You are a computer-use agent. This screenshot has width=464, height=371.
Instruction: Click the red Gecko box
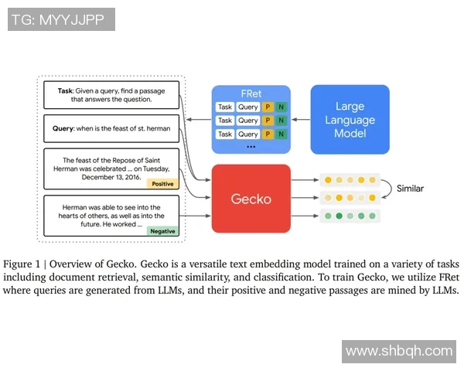[251, 199]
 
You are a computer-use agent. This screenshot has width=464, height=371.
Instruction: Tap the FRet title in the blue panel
[251, 94]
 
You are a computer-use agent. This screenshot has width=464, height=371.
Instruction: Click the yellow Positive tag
[163, 184]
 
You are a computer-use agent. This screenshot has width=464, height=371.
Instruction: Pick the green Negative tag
[162, 231]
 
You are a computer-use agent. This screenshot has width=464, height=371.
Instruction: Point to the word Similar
[410, 188]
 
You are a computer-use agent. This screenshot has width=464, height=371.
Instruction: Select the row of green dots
[350, 216]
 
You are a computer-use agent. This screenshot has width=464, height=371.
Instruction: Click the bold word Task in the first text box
[66, 90]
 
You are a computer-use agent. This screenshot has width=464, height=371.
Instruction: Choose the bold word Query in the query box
[67, 128]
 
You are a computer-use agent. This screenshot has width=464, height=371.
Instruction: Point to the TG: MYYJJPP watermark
[61, 19]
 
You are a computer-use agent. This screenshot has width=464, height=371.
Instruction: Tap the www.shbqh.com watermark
[399, 351]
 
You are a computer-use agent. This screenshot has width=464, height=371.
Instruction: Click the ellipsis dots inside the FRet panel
[251, 146]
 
